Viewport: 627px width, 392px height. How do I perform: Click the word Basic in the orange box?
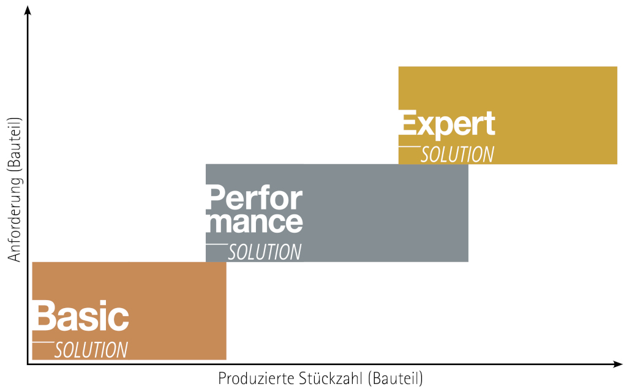[81, 315]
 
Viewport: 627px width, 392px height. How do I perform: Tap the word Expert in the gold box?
[447, 124]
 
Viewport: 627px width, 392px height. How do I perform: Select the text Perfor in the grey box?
[254, 197]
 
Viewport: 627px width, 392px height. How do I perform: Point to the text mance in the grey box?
[254, 222]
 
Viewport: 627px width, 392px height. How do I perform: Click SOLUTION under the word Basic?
[91, 350]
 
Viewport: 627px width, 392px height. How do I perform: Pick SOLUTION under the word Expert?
[457, 154]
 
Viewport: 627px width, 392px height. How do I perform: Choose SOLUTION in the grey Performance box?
[265, 252]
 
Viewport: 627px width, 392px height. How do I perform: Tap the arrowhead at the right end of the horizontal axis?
[617, 364]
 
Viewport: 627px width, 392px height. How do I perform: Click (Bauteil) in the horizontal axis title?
[394, 379]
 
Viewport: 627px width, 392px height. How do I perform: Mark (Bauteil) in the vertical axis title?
[15, 145]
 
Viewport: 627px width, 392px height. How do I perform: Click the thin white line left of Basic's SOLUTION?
[43, 342]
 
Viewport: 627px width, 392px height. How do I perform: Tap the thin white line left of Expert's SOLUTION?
[410, 147]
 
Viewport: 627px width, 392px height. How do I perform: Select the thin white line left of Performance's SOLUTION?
[217, 244]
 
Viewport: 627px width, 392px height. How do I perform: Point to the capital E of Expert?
[408, 122]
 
